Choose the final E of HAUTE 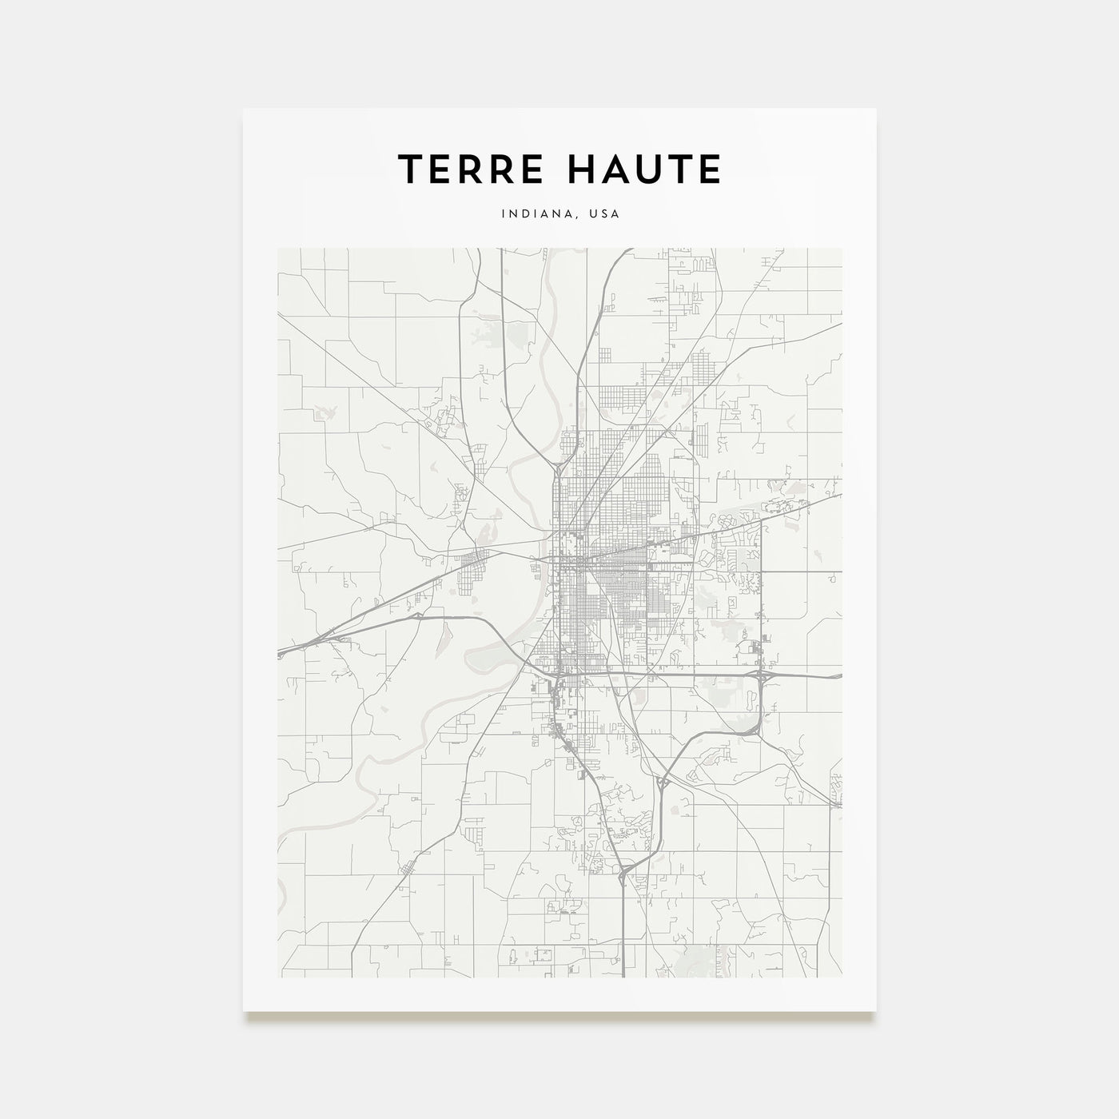[x=708, y=169]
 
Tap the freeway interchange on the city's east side [x=761, y=675]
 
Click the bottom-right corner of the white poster [x=876, y=1011]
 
